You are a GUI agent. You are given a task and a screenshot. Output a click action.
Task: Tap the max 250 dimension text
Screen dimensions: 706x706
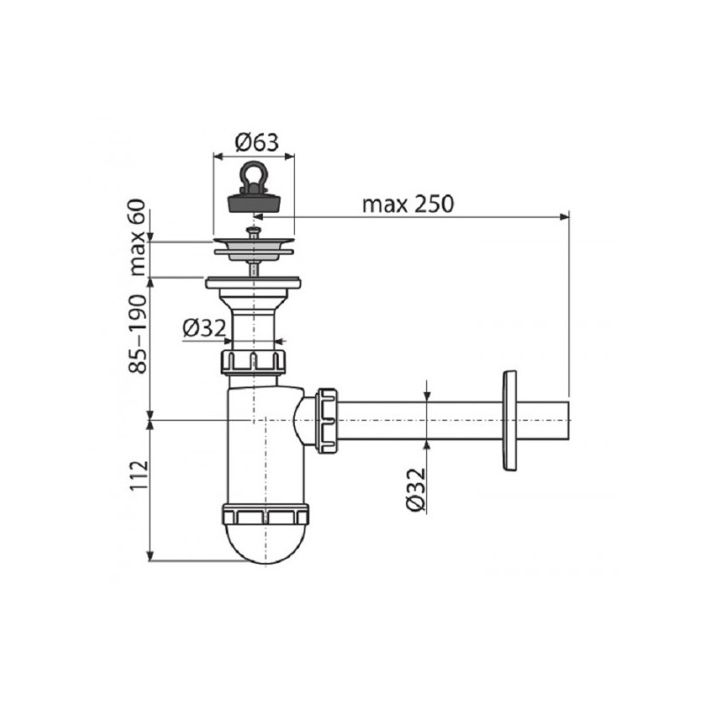407,204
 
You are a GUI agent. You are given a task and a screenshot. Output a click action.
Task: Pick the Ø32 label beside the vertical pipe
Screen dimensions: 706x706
205,328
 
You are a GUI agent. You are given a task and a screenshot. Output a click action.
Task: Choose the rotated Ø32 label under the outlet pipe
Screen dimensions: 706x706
417,490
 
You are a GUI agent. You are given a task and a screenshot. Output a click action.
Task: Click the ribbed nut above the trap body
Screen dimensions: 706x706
254,362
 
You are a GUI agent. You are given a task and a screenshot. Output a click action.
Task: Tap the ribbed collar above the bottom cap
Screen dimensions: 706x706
265,515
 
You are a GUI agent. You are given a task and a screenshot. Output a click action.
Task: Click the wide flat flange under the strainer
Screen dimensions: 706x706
254,284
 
